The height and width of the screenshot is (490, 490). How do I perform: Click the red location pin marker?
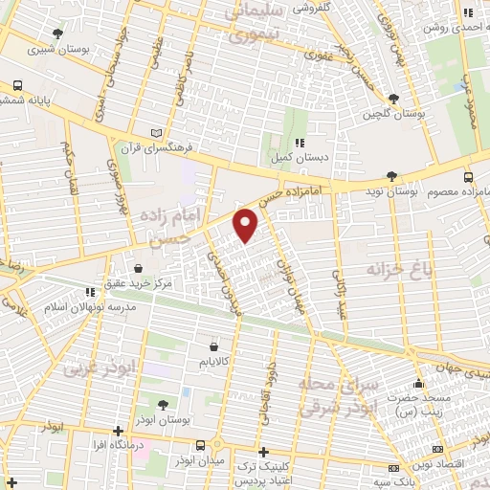coord(246,225)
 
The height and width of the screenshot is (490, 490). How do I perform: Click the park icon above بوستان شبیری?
coord(58,33)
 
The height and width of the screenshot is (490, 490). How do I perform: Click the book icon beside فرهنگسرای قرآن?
coord(158,133)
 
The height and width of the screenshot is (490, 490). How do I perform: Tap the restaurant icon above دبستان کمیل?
coord(299,143)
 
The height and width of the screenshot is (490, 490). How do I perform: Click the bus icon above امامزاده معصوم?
coord(467,177)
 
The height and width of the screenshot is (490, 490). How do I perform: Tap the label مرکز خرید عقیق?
coord(141,284)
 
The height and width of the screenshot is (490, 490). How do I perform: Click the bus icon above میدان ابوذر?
coord(201,446)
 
